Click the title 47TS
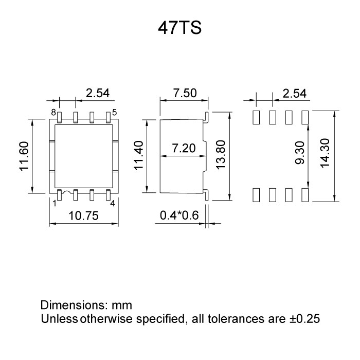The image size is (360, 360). coord(179,28)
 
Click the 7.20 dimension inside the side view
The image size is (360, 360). coord(183,149)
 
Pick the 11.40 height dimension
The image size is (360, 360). coord(139,156)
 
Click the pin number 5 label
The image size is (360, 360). coord(114,112)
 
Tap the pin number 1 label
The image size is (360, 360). coord(54,202)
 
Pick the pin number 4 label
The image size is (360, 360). coord(113,202)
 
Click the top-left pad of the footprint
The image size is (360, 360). coord(256,117)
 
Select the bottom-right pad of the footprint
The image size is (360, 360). coord(305,195)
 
